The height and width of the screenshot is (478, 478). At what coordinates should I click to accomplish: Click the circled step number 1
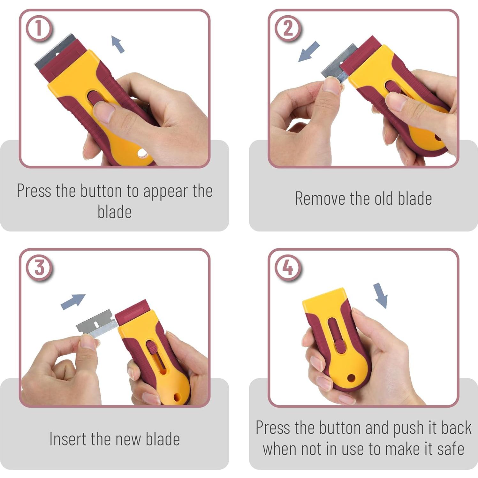point(39,28)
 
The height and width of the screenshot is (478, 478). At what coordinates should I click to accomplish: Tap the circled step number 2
point(288,28)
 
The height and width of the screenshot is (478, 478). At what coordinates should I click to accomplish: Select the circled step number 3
point(39,268)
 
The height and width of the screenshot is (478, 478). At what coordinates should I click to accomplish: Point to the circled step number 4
point(288,268)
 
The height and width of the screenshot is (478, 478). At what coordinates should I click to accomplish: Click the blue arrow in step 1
point(118,44)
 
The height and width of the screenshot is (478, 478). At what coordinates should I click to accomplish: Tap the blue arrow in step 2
point(308,51)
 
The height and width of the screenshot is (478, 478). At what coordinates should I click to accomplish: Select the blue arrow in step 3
point(73,301)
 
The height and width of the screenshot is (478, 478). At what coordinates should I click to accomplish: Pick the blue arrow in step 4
point(380,295)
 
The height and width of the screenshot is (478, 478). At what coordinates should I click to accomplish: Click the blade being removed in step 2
point(339,63)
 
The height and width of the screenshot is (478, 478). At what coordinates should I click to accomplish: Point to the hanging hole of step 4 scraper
point(351,378)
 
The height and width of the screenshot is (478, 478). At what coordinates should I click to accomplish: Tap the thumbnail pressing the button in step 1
point(104,112)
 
